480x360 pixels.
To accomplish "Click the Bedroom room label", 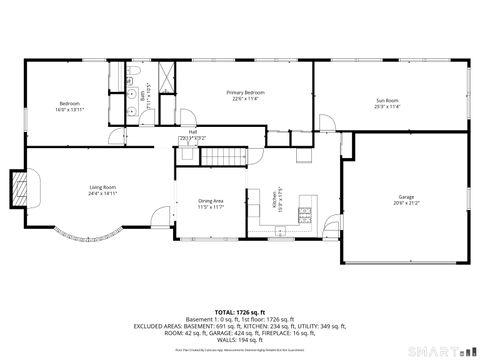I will click(x=69, y=103).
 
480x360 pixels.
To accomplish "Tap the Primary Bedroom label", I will click(x=245, y=92).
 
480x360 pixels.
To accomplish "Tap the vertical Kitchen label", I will click(x=276, y=200).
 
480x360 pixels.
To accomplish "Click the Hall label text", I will click(x=191, y=130).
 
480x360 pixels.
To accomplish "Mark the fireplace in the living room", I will click(x=21, y=187).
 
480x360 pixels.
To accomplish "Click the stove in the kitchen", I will click(x=306, y=214).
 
